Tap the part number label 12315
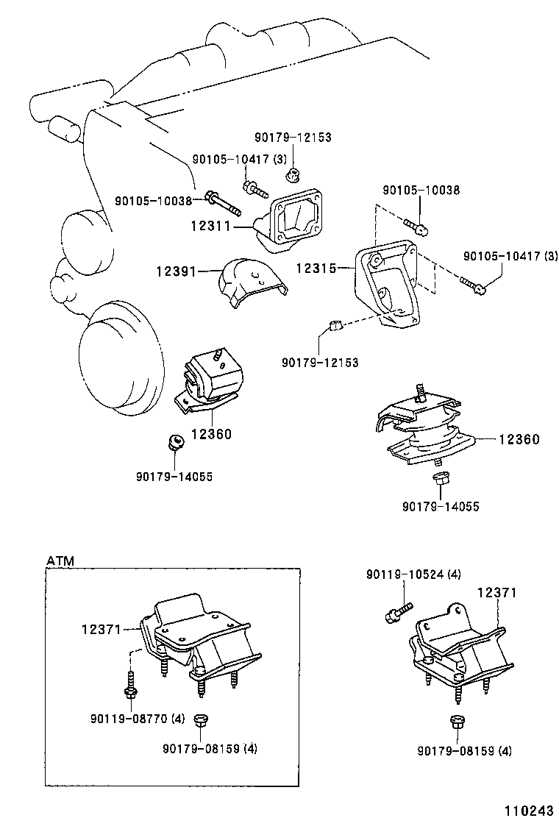[316, 269]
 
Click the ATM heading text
[60, 561]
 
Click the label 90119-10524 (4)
[413, 575]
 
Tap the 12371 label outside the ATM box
[496, 592]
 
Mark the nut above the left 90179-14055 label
[175, 442]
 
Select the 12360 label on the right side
[519, 439]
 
